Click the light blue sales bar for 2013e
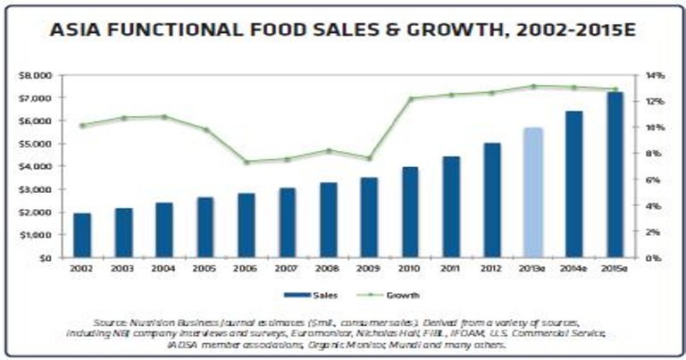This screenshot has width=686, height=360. tap(532, 192)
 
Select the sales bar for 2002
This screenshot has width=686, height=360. tap(81, 235)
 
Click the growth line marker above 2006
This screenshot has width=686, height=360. tap(246, 162)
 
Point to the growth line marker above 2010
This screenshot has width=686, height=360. tap(410, 98)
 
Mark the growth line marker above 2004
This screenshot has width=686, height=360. tap(163, 117)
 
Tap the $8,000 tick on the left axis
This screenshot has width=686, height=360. tap(39, 75)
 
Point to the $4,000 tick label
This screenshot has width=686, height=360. tap(39, 166)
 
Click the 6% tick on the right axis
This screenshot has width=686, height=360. tap(652, 180)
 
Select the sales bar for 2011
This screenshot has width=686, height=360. tap(451, 206)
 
